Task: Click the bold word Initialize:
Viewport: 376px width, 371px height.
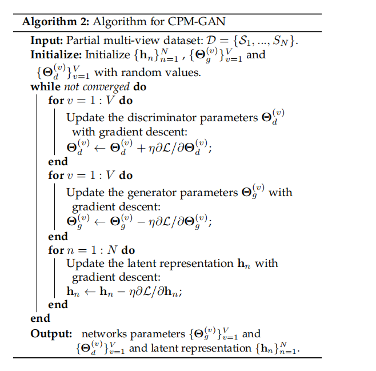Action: coord(56,55)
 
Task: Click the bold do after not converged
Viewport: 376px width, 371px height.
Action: coord(140,87)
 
